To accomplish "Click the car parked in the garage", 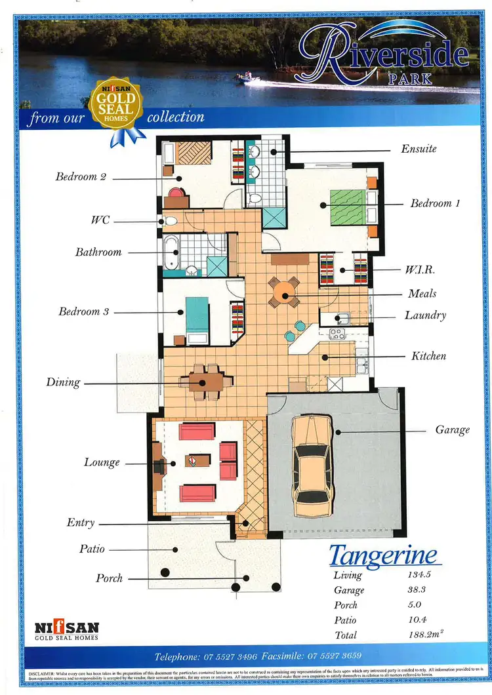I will point(312,466).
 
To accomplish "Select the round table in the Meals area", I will point(284,292).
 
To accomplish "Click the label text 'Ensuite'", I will point(419,149).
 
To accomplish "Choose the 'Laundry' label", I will point(424,315).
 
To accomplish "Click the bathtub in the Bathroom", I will point(171,252).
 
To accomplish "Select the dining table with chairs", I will point(205,382).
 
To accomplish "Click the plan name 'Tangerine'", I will point(382,555).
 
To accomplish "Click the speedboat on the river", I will point(249,79).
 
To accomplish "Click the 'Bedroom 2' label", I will point(81,176).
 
